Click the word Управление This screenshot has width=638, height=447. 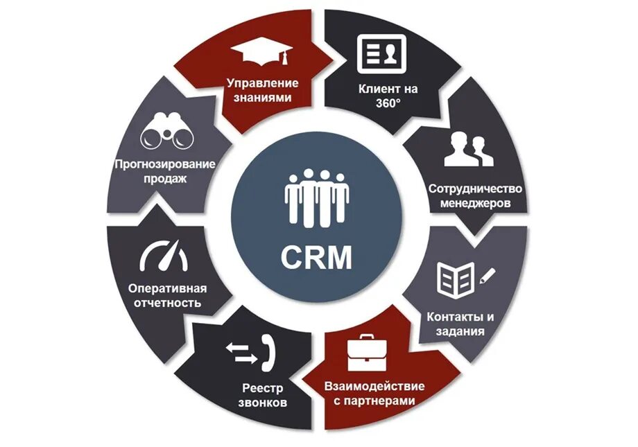point(262,83)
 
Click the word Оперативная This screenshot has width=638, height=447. point(168,288)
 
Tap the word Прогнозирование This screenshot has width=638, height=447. point(164,164)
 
